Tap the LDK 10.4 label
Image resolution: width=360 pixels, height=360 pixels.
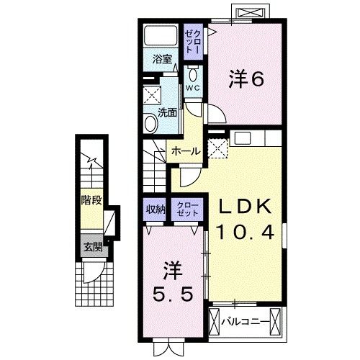click(245, 220)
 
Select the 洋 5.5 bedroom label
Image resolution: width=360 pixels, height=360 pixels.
click(172, 285)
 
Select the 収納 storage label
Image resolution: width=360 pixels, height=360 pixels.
click(155, 210)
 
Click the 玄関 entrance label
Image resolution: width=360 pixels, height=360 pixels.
click(90, 247)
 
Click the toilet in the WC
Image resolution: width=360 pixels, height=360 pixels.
click(193, 74)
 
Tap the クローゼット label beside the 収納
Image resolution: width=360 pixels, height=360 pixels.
click(186, 210)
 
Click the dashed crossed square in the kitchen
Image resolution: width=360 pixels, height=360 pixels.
click(217, 148)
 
